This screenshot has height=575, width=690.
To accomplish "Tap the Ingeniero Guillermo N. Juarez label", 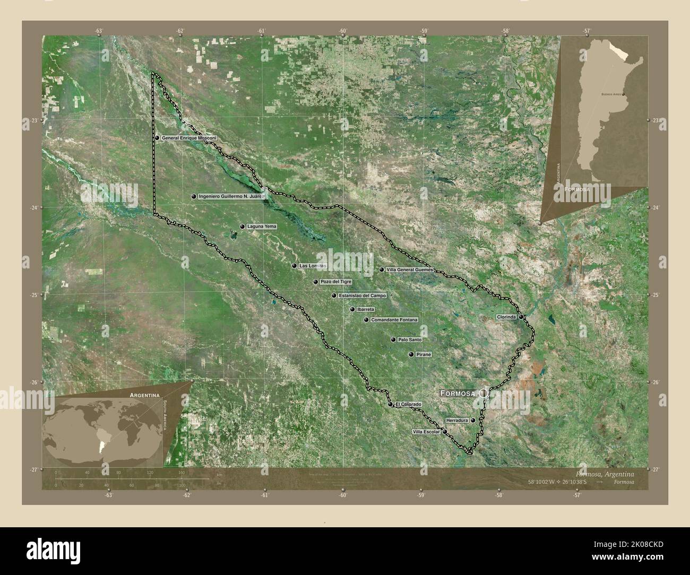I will (x=231, y=196).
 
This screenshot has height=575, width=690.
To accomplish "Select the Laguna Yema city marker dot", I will (x=242, y=226).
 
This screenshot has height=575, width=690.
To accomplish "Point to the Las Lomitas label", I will (x=313, y=266).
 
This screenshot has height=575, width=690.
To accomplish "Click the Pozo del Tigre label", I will (x=336, y=282).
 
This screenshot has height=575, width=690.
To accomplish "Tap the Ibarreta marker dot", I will (x=352, y=309).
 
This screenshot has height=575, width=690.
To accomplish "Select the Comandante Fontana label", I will (x=394, y=320).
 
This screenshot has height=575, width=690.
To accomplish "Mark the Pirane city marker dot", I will (x=411, y=354).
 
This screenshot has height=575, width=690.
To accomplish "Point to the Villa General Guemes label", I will (x=410, y=269).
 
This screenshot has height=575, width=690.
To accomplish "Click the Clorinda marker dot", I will (x=522, y=317).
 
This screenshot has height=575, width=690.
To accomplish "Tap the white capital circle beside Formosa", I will (x=484, y=393).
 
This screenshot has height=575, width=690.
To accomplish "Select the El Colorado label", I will (x=408, y=404).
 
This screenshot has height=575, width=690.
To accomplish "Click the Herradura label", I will (x=457, y=420).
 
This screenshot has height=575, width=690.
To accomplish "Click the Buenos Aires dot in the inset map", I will (x=623, y=94).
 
